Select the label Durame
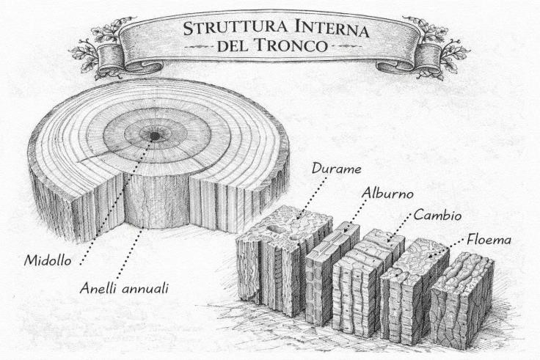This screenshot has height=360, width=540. click(336, 169)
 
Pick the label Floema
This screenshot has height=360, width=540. click(489, 239)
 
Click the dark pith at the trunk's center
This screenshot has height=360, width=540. click(155, 136)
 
